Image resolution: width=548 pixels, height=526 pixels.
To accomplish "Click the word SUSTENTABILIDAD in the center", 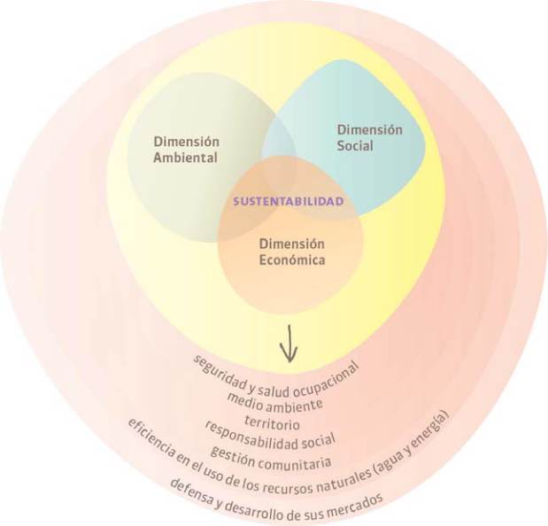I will coord(288,201).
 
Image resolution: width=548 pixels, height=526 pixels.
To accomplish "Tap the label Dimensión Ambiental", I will coord(186,150).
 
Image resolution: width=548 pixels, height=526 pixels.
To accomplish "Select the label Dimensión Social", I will coord(369,137).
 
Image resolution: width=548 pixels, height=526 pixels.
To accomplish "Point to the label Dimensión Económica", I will coord(292,252).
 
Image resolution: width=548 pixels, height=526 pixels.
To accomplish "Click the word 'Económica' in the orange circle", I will coord(292,260).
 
